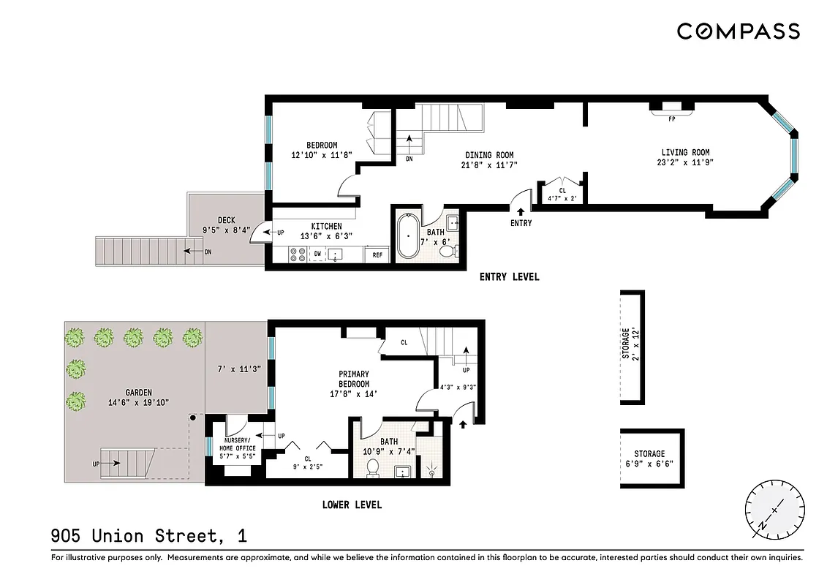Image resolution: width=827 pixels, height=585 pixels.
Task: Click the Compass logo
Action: (738, 31)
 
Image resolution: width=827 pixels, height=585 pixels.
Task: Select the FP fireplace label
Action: (671, 117)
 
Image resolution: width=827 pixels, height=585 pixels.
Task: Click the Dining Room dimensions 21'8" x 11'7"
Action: (489, 165)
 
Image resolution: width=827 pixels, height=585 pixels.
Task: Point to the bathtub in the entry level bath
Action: (408, 237)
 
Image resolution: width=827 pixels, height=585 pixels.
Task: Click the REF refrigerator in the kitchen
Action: (377, 255)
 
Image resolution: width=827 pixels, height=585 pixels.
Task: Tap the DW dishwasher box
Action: (317, 254)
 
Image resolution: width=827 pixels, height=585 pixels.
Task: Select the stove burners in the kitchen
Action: (298, 254)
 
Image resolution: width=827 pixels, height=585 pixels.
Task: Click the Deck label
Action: (226, 220)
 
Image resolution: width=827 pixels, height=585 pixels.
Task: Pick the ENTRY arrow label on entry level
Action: (521, 223)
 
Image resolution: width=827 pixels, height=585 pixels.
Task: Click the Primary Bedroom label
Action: (353, 379)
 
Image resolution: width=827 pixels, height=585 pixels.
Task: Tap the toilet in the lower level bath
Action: (372, 467)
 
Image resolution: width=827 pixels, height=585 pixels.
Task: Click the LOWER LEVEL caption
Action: (352, 505)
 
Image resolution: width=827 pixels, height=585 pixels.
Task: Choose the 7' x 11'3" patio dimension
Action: (238, 369)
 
